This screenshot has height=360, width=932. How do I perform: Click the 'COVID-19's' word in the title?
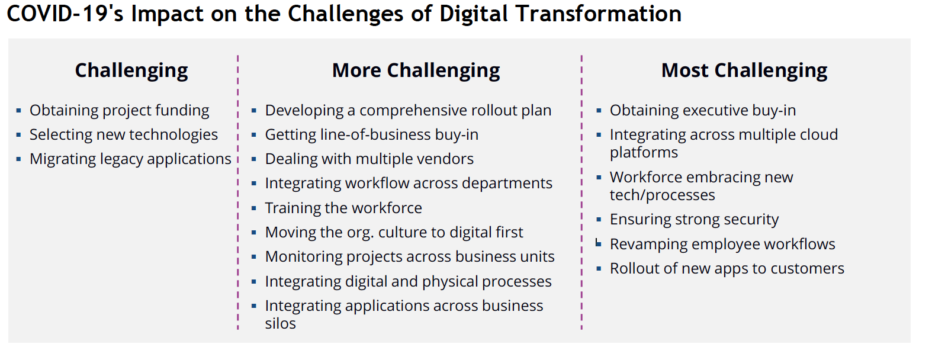(65, 14)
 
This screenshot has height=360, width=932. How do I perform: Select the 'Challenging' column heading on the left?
(131, 70)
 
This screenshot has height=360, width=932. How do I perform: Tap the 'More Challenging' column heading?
(416, 70)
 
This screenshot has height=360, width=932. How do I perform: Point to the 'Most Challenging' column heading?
(744, 70)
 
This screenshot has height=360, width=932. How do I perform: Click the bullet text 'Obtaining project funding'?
(119, 111)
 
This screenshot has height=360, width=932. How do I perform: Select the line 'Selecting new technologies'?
(123, 135)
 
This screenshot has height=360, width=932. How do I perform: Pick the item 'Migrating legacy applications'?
(130, 159)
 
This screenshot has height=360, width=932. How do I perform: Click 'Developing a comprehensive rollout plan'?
(408, 111)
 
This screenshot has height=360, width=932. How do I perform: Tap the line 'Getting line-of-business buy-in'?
(371, 135)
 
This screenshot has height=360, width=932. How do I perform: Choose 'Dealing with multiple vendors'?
(369, 159)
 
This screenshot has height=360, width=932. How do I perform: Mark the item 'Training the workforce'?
(343, 208)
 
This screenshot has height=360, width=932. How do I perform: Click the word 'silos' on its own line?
(280, 324)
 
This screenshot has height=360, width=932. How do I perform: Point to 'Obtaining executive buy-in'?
(702, 111)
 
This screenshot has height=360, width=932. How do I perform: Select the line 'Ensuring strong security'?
(694, 220)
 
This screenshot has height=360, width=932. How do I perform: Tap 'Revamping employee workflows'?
(722, 245)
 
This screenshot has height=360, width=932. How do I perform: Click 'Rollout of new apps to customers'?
(727, 269)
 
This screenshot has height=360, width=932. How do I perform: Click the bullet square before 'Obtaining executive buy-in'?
(599, 111)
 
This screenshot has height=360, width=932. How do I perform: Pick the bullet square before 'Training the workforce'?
(254, 208)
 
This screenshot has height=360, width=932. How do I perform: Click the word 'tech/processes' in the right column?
(662, 195)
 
